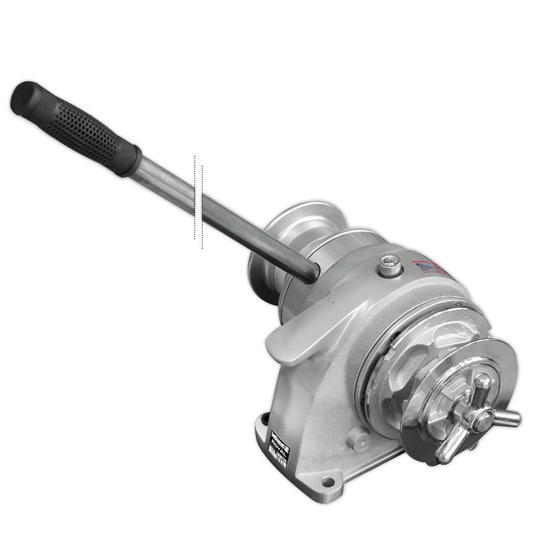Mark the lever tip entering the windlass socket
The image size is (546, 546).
[307, 272]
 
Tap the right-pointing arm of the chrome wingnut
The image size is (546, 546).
[508, 417]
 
